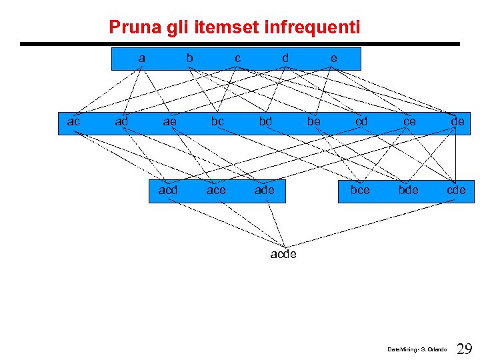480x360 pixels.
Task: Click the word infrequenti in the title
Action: coord(312,28)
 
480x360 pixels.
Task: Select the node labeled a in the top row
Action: coord(141,58)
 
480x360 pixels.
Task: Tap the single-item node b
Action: coord(189,58)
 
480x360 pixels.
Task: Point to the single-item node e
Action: coord(333,58)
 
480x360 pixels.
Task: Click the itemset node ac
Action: coord(73,121)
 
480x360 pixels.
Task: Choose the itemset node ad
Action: coord(121,121)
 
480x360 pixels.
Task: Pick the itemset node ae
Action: coord(169,121)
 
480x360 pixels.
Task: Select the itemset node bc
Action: coord(217,121)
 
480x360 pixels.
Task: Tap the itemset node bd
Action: coord(265,121)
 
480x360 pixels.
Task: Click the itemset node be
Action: coord(313,121)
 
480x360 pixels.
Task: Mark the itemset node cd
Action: coord(361,121)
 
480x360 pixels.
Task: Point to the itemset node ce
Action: coord(409,121)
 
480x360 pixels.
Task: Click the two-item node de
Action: coord(457,121)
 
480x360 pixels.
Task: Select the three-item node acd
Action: coord(168,190)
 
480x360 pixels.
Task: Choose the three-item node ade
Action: coord(264,190)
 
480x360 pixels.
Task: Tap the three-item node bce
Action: coord(360,190)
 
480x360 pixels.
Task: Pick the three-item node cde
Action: coord(456,190)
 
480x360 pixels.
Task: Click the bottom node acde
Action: coord(283,254)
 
